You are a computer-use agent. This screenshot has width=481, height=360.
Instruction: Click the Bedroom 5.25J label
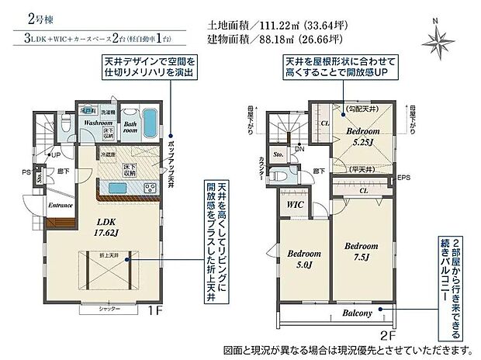click(362, 137)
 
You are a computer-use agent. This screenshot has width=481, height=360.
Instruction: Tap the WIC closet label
click(294, 204)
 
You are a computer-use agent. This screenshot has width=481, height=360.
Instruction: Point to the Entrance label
click(61, 206)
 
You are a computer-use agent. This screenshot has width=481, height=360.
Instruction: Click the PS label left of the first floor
click(26, 172)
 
